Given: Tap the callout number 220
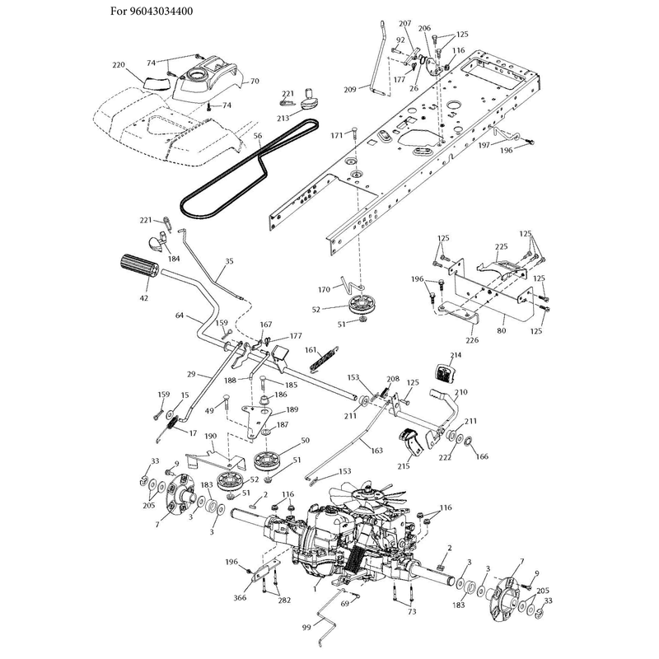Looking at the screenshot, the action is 119,65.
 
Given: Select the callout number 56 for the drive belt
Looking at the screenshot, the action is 258,136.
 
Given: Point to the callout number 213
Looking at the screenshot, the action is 283,118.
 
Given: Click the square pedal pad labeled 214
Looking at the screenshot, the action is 445,374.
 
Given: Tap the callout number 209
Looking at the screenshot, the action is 349,89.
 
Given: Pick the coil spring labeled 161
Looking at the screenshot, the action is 324,358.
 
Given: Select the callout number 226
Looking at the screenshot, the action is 472,339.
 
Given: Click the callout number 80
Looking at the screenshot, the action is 502,330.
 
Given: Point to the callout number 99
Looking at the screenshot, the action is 306,627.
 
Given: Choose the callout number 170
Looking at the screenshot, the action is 324,289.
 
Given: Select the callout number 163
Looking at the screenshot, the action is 377,450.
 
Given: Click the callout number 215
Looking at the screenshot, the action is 404,466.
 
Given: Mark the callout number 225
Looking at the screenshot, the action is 501,246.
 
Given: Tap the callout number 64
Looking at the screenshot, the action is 180,315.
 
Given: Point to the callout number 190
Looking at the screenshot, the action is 211,437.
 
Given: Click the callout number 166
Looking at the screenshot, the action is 482,456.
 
